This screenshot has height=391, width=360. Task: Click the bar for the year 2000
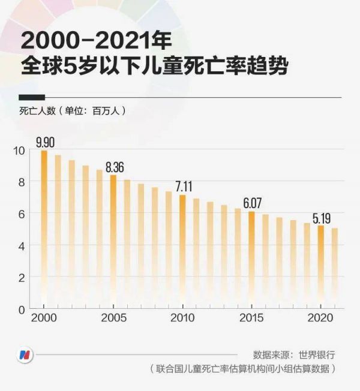pyautogui.click(x=44, y=228)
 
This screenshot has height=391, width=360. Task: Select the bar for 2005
pyautogui.click(x=113, y=240)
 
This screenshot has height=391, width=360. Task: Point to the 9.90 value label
pyautogui.click(x=46, y=142)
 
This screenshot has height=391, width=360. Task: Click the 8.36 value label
pyautogui.click(x=115, y=167)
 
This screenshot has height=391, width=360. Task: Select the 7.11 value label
pyautogui.click(x=184, y=187)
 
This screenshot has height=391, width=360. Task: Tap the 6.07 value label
pyautogui.click(x=252, y=203)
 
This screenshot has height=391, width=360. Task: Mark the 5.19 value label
pyautogui.click(x=321, y=217)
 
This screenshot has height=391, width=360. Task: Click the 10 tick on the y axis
pyautogui.click(x=19, y=150)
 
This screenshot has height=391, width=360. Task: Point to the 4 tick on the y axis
pyautogui.click(x=22, y=245)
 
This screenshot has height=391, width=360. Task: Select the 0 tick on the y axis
pyautogui.click(x=22, y=309)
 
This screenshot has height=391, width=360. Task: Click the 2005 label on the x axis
pyautogui.click(x=113, y=318)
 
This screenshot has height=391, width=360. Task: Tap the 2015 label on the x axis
pyautogui.click(x=251, y=318)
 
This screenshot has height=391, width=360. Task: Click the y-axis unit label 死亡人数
pyautogui.click(x=38, y=111)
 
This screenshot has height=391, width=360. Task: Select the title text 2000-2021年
pyautogui.click(x=96, y=41)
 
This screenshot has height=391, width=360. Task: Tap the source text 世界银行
pyautogui.click(x=318, y=354)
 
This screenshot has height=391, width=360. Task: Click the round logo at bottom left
pyautogui.click(x=25, y=353)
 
